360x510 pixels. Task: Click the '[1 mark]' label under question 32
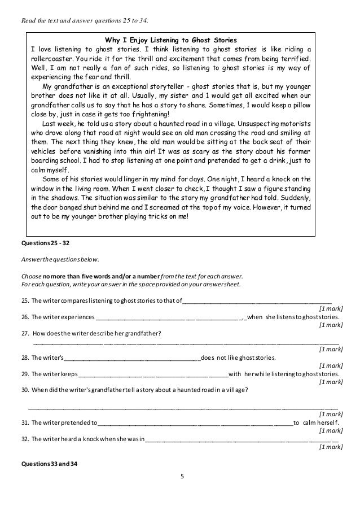[331, 447]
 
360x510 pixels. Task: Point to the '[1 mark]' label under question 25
[331, 308]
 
